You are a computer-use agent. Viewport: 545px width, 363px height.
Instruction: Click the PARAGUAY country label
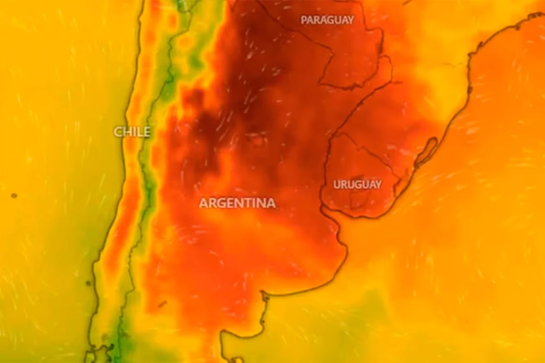pos(327,20)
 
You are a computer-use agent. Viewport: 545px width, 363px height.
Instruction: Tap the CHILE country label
pos(132,132)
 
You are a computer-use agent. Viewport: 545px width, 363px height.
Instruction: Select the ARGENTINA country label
pos(237,203)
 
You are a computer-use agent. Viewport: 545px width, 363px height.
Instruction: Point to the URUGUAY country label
pos(357,184)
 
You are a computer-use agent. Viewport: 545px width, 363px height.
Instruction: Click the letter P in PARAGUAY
pos(304,20)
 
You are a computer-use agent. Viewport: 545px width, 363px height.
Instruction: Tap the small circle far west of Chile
pos(14,195)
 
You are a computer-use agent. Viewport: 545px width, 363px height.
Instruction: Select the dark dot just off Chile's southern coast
pos(88,283)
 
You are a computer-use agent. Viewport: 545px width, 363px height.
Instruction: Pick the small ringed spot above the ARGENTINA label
pos(259,140)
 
